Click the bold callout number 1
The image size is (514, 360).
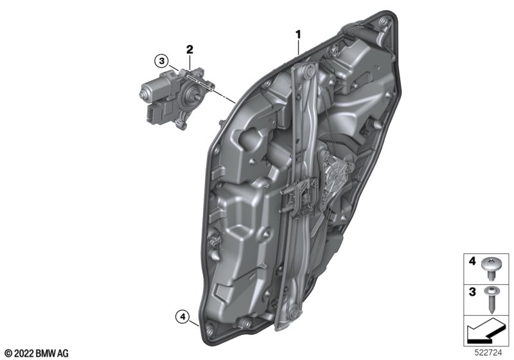click(x=298, y=35)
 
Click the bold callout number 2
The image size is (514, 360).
click(x=190, y=50)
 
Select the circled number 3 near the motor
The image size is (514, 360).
click(x=161, y=60)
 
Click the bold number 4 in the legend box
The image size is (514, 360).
click(x=472, y=261)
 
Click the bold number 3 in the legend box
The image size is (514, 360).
click(x=472, y=292)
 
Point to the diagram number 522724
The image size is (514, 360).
click(x=488, y=353)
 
